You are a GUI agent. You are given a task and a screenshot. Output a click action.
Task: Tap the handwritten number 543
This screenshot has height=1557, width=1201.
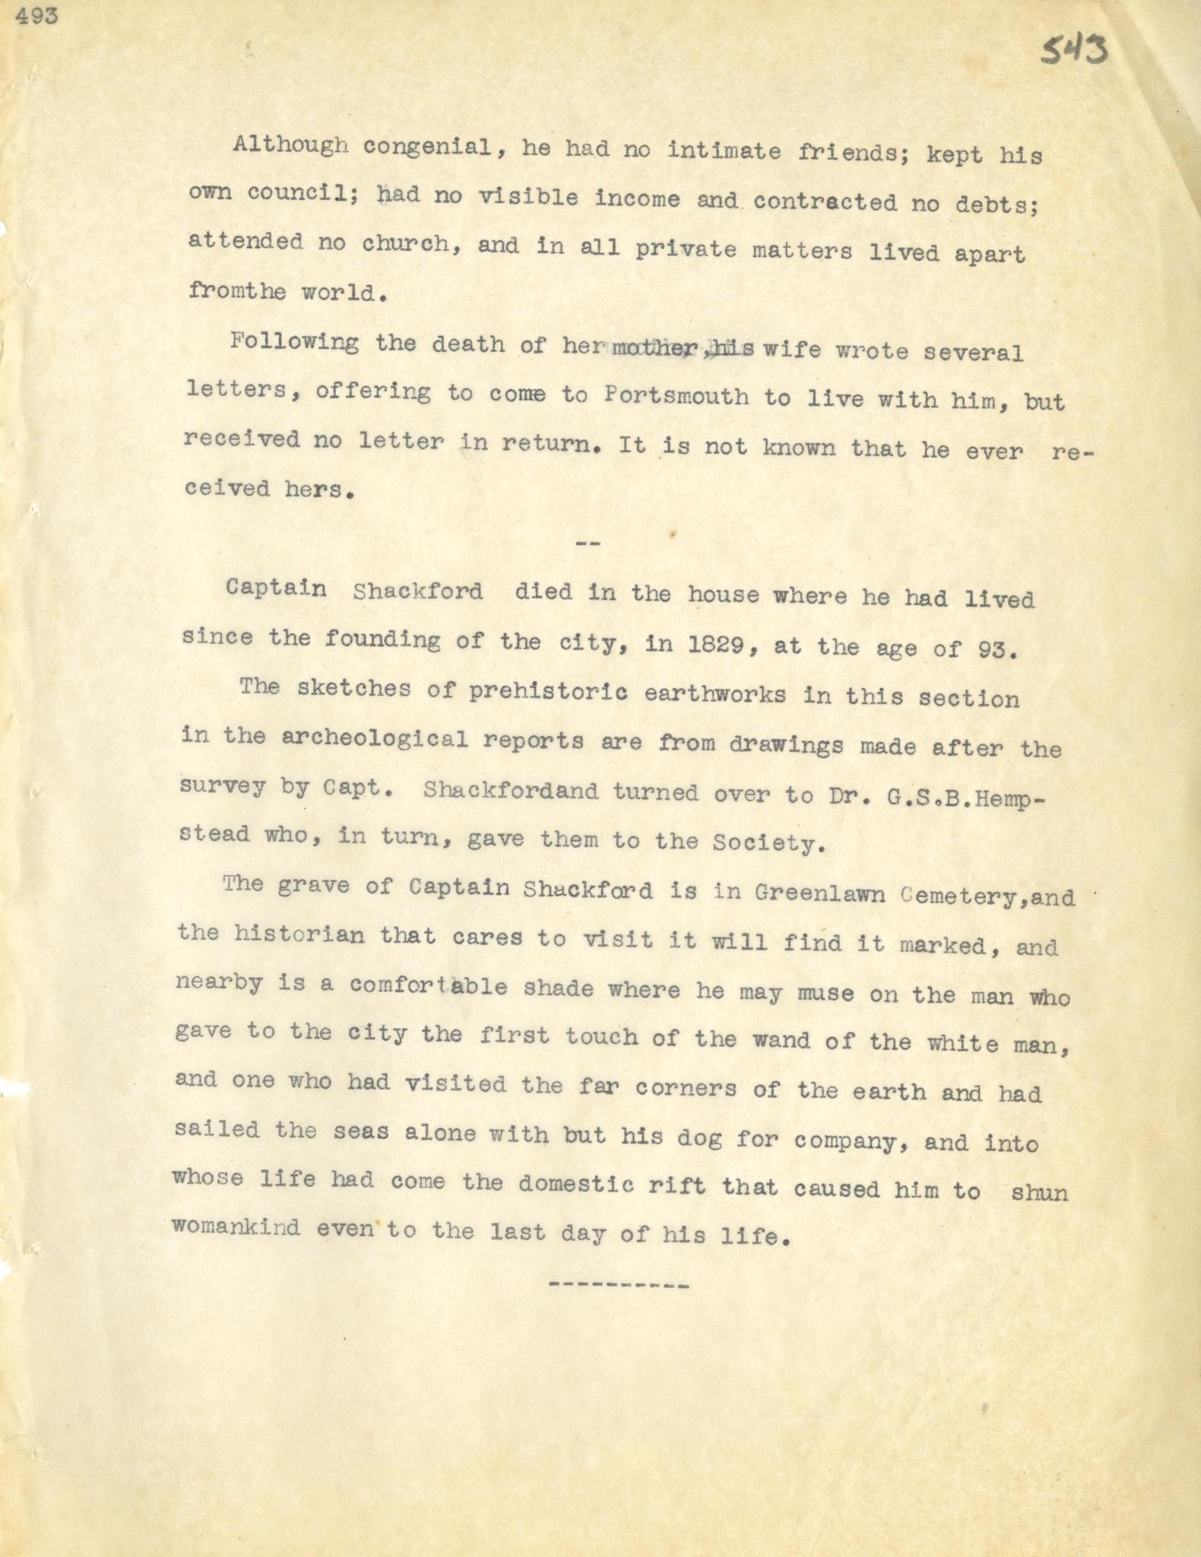pos(1074,51)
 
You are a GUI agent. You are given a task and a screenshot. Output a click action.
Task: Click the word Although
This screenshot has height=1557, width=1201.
pos(290,145)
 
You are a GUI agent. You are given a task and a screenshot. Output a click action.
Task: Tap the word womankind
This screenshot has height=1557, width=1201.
pos(236,1227)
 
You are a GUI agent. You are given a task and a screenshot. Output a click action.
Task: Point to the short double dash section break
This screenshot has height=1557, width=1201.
pos(589,544)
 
